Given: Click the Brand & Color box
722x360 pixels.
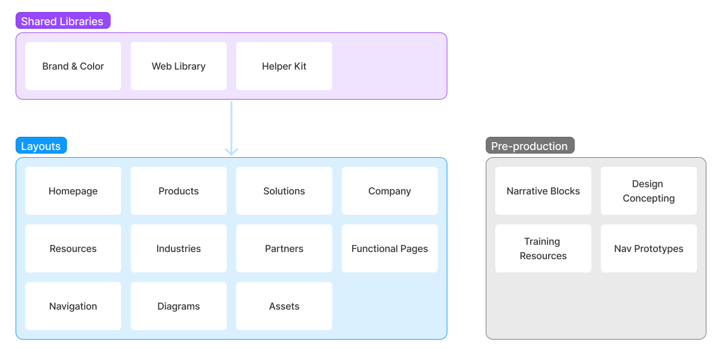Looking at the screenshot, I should [73, 66].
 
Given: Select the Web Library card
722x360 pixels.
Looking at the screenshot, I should [179, 66].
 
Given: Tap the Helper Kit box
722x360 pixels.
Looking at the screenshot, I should [284, 66].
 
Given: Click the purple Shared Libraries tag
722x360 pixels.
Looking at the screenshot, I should [62, 22].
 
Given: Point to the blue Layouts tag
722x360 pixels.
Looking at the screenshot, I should [41, 146].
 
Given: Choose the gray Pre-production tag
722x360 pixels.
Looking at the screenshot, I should [530, 146].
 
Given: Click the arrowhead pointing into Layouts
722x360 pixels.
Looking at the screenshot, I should [231, 151].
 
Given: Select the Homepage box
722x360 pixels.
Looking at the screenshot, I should [73, 191].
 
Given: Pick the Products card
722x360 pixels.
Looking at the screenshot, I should [179, 191].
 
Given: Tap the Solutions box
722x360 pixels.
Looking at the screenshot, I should [284, 191].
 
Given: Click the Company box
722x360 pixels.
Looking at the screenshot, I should [390, 191].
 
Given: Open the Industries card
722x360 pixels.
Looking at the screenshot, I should [179, 248].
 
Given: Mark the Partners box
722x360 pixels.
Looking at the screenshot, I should [284, 248].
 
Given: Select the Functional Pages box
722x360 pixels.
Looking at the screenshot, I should [390, 248].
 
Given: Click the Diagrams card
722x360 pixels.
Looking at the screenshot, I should [179, 306].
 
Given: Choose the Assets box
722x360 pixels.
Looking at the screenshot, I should [284, 306].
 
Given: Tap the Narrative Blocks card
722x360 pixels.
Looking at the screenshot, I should [543, 191].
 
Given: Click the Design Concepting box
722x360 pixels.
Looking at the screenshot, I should [649, 191].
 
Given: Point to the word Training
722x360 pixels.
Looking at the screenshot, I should [542, 242].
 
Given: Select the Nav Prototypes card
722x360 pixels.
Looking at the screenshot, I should [649, 248].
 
